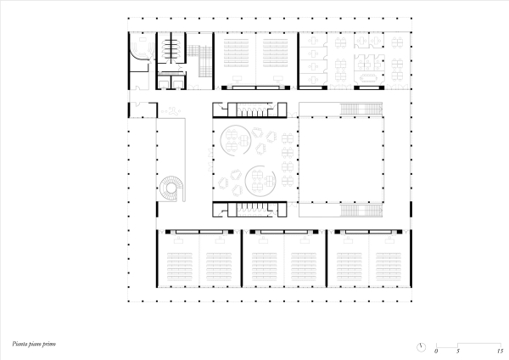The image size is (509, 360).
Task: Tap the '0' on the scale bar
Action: point(436,350)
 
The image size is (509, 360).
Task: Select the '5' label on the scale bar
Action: point(458,350)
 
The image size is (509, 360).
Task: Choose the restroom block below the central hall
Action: point(251,209)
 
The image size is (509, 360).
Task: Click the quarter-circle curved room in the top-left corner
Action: point(137,53)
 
